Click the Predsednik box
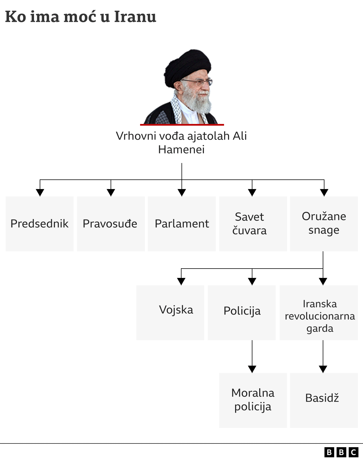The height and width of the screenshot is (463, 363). pyautogui.click(x=39, y=224)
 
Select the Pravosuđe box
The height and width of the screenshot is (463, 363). pyautogui.click(x=111, y=224)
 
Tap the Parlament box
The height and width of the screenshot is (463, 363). pyautogui.click(x=181, y=224)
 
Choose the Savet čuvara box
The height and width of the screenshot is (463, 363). pyautogui.click(x=253, y=224)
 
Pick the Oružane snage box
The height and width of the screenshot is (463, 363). pyautogui.click(x=324, y=224)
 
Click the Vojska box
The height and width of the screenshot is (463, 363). pyautogui.click(x=170, y=312)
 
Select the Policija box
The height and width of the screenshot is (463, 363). pyautogui.click(x=242, y=312)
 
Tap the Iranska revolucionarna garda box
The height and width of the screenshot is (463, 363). pyautogui.click(x=319, y=312)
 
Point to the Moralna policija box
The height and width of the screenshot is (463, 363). pyautogui.click(x=253, y=400)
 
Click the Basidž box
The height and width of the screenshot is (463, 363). pyautogui.click(x=324, y=400)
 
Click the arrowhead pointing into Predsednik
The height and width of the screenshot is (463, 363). pyautogui.click(x=40, y=192)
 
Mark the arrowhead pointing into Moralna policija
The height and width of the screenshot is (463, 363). pyautogui.click(x=252, y=369)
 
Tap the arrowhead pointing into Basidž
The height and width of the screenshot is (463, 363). pyautogui.click(x=323, y=369)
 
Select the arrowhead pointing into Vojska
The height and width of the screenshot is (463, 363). pyautogui.click(x=181, y=281)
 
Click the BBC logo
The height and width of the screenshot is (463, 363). pyautogui.click(x=341, y=452)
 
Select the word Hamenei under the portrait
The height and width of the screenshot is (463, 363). pyautogui.click(x=181, y=149)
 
